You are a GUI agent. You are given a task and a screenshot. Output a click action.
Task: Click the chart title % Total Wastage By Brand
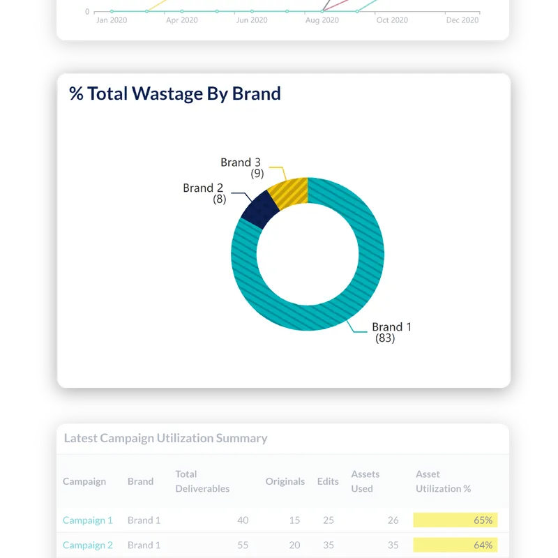click(175, 93)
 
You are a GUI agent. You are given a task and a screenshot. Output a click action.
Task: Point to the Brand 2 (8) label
click(204, 193)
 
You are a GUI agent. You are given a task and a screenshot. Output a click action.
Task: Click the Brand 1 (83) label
click(391, 332)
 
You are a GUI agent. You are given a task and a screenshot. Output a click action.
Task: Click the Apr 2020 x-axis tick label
click(181, 20)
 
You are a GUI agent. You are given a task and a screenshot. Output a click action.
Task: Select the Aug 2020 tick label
click(322, 20)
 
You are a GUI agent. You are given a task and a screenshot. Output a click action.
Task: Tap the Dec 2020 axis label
click(462, 20)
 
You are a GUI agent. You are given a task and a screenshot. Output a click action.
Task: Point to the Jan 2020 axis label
click(112, 20)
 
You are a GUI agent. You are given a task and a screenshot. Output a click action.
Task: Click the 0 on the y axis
click(87, 12)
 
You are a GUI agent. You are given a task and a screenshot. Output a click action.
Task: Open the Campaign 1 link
click(88, 520)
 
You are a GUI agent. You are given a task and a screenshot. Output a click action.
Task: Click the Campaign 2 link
click(88, 545)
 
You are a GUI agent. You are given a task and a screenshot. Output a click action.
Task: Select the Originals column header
click(285, 481)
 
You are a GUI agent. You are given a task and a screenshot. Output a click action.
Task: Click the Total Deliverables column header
click(202, 481)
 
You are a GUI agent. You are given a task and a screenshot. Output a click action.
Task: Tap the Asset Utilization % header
click(443, 481)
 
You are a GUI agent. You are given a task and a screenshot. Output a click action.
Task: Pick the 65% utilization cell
click(455, 520)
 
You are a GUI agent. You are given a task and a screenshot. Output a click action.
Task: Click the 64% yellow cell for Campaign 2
click(455, 545)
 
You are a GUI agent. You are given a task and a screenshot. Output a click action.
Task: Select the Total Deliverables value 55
click(242, 545)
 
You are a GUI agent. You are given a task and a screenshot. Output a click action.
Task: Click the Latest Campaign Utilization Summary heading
click(165, 438)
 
